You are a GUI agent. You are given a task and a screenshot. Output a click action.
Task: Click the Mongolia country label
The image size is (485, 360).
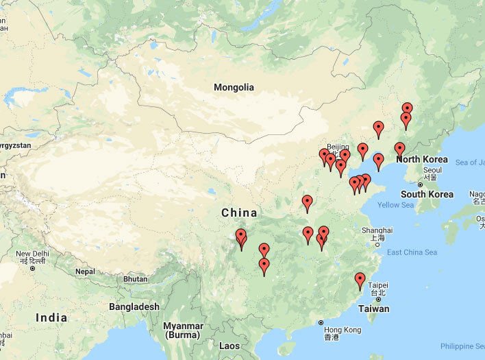coord(234,87)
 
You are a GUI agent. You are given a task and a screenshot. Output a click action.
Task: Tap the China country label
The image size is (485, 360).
coord(239,213)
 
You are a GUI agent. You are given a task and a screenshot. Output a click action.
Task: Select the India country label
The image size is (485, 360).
coord(51,317)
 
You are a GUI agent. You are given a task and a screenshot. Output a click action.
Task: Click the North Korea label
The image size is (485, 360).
coord(422,160)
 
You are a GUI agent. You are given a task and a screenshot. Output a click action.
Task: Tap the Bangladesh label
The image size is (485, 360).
coord(134,307)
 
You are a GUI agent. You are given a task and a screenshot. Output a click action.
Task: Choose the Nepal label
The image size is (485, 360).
coord(85,272)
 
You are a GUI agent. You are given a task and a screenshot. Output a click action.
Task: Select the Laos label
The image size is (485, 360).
coord(230,346)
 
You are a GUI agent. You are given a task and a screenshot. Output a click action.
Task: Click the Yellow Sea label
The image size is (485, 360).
coord(395,205)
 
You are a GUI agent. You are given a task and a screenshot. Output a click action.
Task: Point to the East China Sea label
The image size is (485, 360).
coord(412,252)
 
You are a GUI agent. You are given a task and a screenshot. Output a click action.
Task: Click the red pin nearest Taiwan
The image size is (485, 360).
coord(360,280)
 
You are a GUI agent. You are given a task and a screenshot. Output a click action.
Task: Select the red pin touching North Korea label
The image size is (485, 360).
coord(399,149)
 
